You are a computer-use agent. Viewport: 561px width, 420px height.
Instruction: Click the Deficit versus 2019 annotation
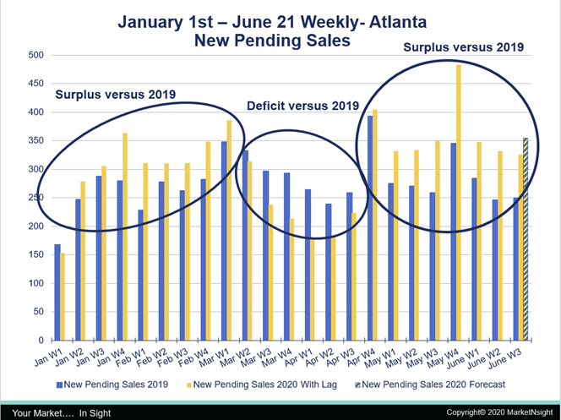pos(302,106)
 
